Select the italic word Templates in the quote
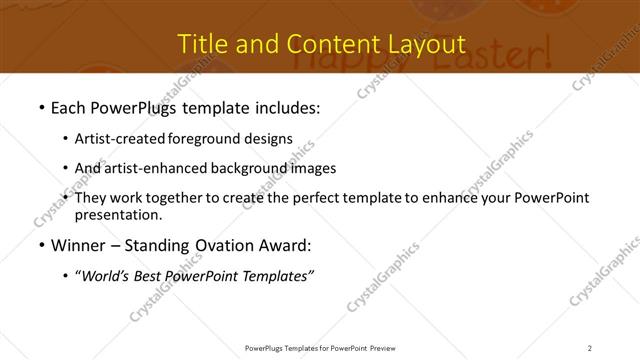point(278,275)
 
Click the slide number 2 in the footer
point(590,348)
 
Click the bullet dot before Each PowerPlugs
point(40,107)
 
